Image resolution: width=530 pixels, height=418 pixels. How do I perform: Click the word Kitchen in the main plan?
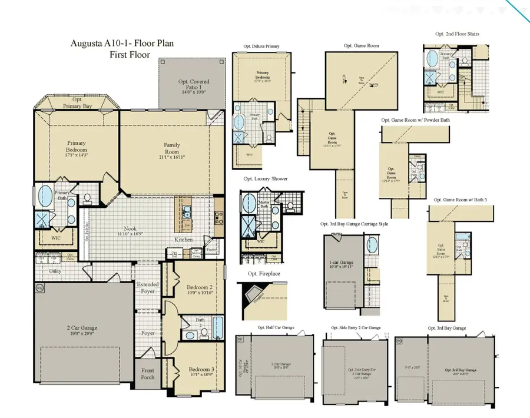(x=184, y=240)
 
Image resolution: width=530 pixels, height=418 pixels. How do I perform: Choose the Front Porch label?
(x=147, y=374)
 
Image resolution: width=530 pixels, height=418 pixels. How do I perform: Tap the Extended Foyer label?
(x=148, y=288)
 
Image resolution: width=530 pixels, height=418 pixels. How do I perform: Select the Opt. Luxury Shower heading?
(x=266, y=178)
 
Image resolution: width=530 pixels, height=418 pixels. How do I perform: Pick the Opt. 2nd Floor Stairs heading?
(x=457, y=34)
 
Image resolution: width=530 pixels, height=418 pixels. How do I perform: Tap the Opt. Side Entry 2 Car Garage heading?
(x=352, y=327)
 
